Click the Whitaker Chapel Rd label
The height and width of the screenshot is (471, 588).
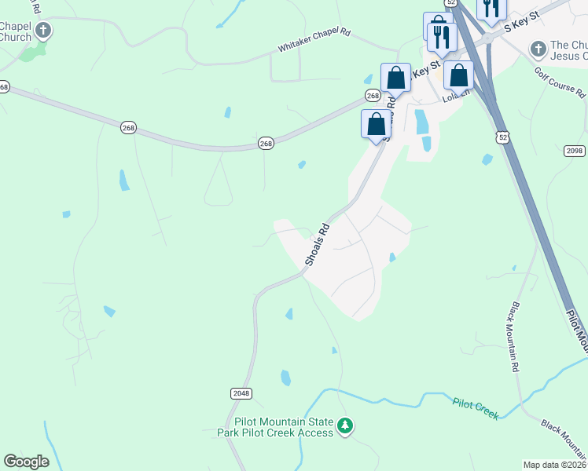tap(314, 42)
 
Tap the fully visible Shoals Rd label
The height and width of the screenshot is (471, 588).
tap(317, 245)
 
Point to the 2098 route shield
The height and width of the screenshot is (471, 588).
tap(575, 151)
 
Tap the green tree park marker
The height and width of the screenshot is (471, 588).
tap(344, 426)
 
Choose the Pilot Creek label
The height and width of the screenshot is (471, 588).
tap(476, 407)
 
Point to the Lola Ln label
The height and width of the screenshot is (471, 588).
tap(456, 97)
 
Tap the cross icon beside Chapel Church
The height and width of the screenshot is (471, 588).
tap(44, 31)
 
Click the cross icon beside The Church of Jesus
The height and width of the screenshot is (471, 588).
tap(538, 49)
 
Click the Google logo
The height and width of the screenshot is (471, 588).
tap(26, 462)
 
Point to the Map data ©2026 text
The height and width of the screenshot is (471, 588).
tap(554, 465)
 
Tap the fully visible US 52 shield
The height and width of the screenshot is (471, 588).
tap(502, 137)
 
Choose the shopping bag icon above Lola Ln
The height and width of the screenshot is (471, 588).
tap(459, 75)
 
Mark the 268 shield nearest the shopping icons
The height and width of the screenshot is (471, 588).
tap(373, 95)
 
